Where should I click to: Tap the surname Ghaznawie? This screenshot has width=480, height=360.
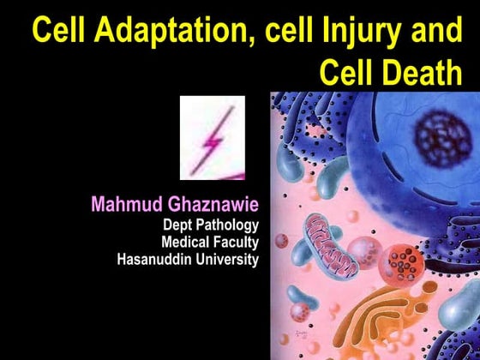(217, 206)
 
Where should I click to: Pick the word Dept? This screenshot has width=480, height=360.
(177, 225)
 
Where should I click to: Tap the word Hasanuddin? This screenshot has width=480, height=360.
(156, 259)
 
